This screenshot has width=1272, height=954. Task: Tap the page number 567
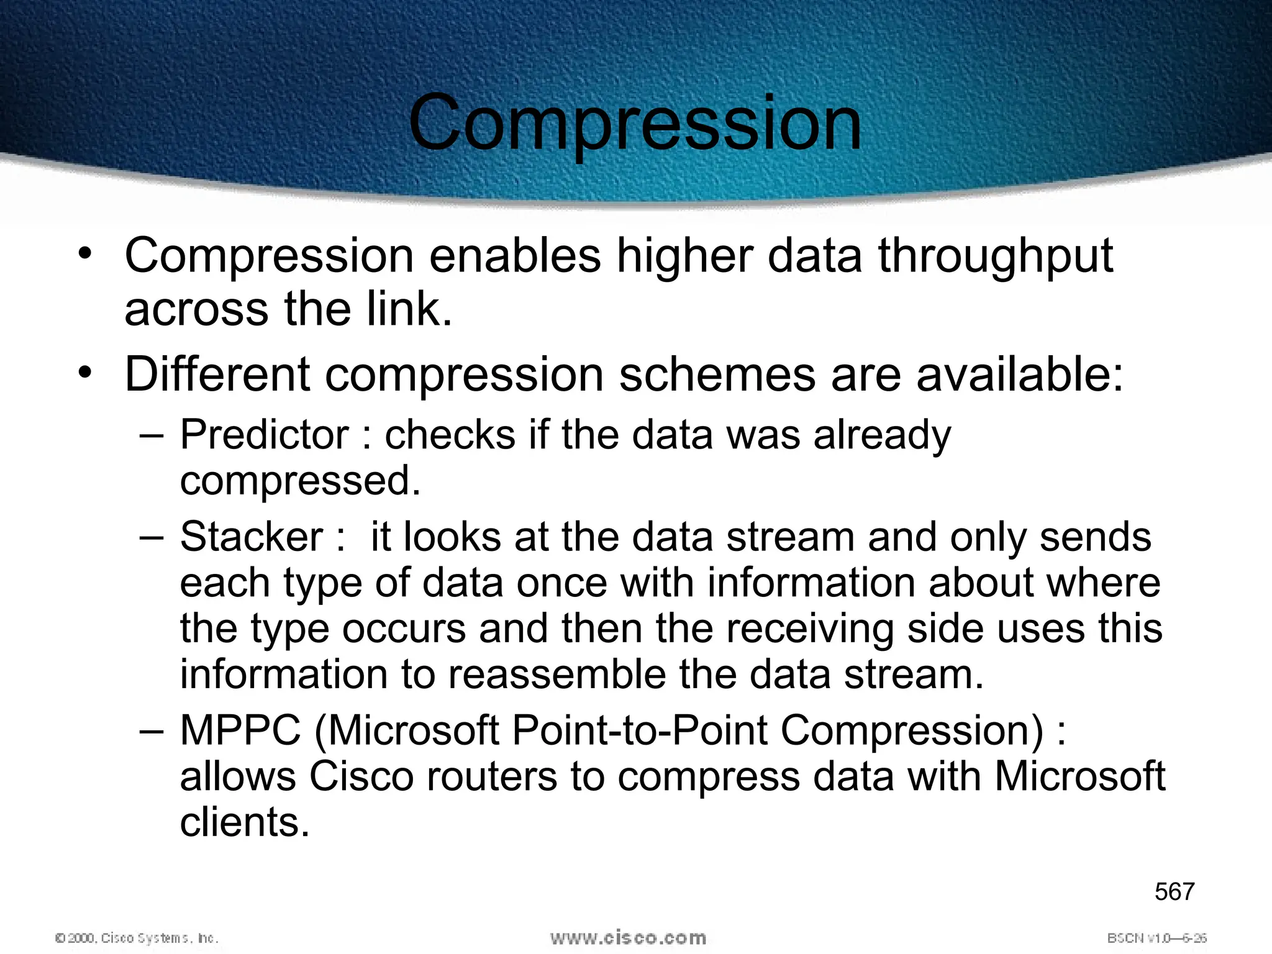pyautogui.click(x=1174, y=892)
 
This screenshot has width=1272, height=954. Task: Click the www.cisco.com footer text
pyautogui.click(x=628, y=937)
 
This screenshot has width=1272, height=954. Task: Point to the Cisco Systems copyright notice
pyautogui.click(x=137, y=938)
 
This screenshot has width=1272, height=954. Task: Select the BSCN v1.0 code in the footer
pyautogui.click(x=1156, y=938)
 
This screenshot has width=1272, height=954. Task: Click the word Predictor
pyautogui.click(x=264, y=434)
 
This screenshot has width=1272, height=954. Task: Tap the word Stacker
pyautogui.click(x=252, y=537)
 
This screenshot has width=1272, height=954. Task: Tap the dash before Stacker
pyautogui.click(x=151, y=537)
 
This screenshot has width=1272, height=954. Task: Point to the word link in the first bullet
pyautogui.click(x=402, y=309)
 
